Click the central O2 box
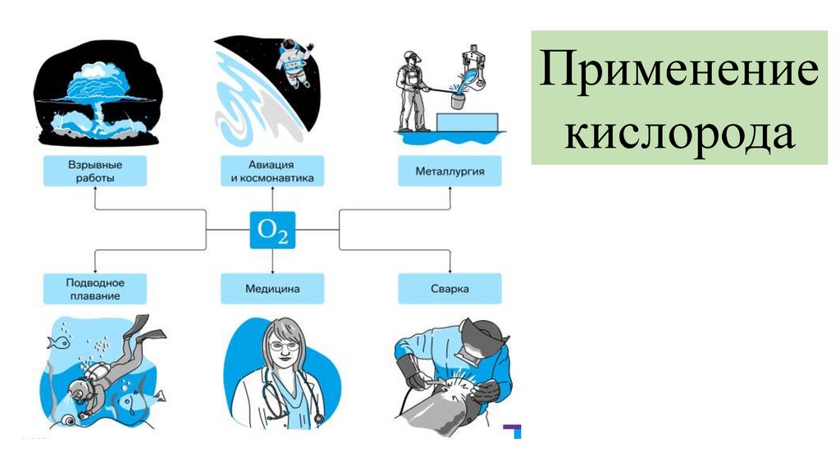(x=272, y=231)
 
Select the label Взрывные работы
(x=94, y=171)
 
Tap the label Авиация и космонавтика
(x=272, y=171)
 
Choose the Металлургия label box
(x=450, y=171)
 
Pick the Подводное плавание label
(x=94, y=289)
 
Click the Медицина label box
(x=272, y=289)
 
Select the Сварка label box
(x=450, y=289)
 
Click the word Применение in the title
(x=678, y=76)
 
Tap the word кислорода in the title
(x=678, y=132)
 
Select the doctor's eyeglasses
(x=281, y=345)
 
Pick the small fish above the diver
(x=57, y=341)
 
